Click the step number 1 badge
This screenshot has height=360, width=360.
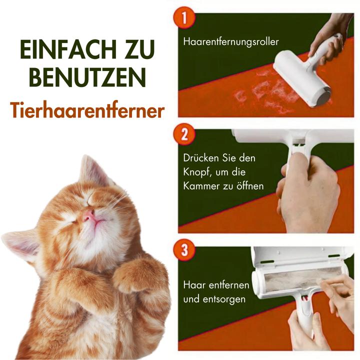click(x=185, y=18)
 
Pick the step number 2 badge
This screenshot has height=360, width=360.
click(x=185, y=134)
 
